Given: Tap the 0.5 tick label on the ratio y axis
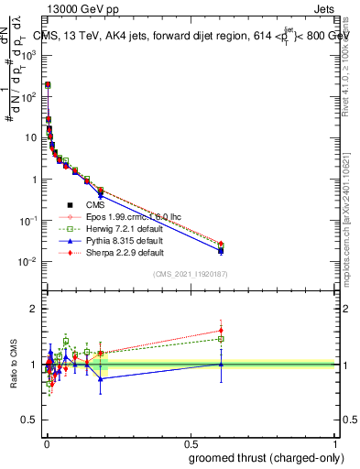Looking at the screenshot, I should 28,420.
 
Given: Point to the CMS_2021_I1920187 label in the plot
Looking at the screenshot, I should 190,274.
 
